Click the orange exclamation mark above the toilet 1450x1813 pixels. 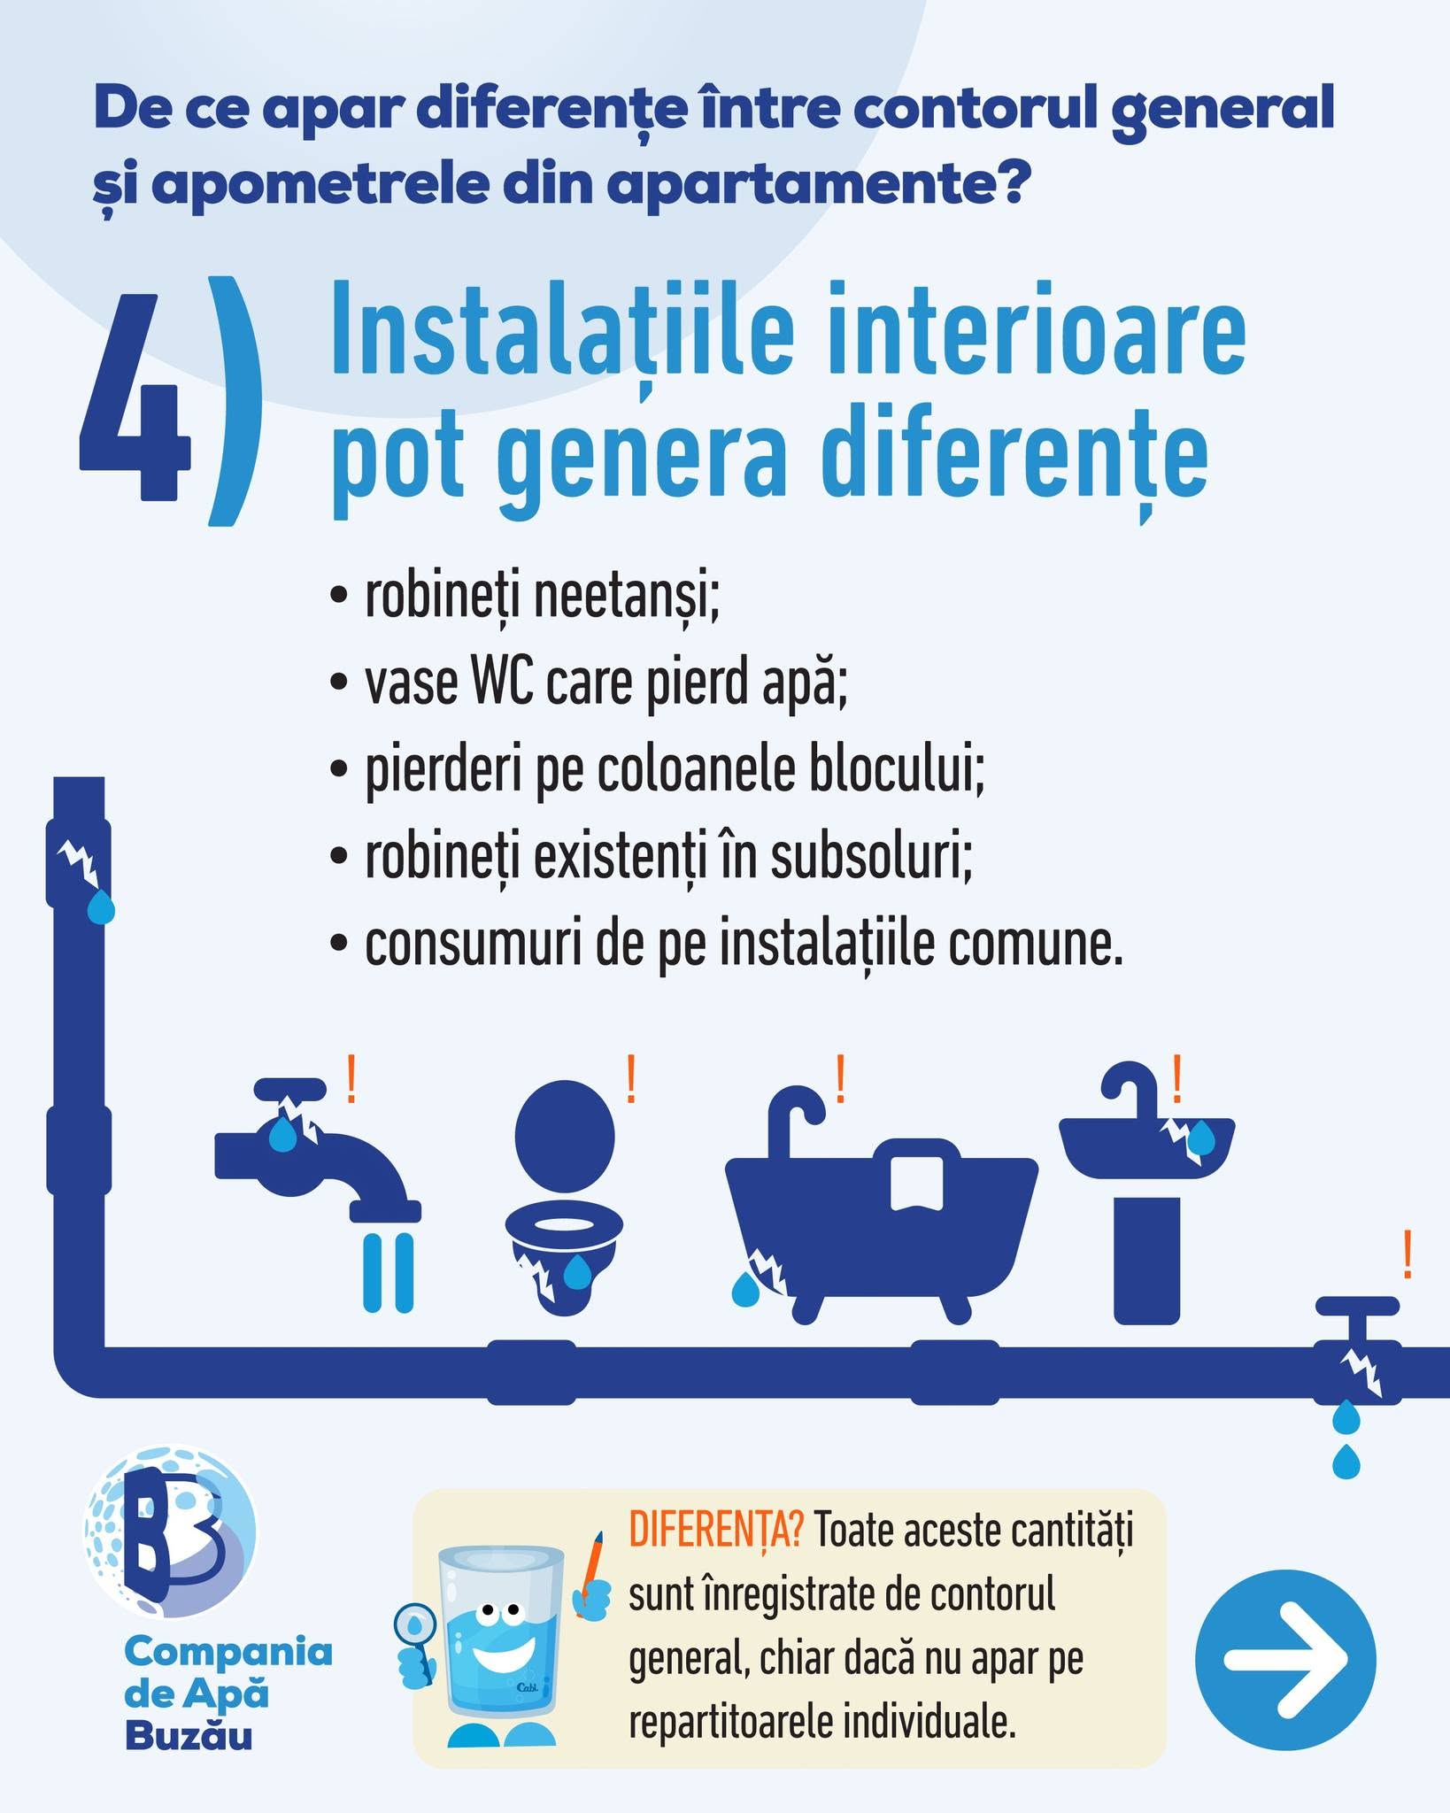pyautogui.click(x=631, y=1078)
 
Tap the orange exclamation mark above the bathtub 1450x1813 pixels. pyautogui.click(x=840, y=1078)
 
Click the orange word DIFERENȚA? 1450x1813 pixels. pyautogui.click(x=716, y=1530)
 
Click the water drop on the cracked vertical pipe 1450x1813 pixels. pyautogui.click(x=101, y=904)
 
